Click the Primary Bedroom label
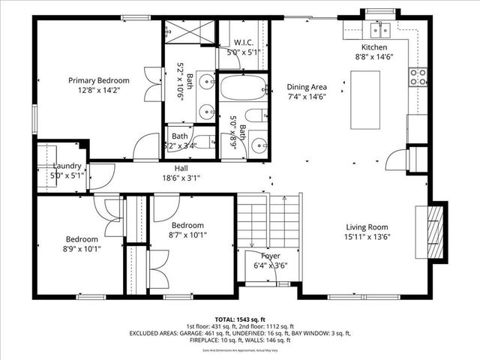[98, 80]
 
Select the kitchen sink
[379, 31]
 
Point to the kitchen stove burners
[418, 76]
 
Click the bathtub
[241, 88]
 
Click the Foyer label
[270, 256]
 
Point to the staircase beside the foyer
[268, 218]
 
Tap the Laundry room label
[67, 166]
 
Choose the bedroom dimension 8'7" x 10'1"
[187, 235]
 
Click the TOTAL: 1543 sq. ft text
[240, 319]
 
